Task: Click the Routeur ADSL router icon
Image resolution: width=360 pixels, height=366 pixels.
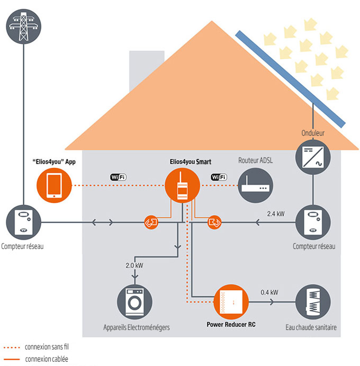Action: coord(256,186)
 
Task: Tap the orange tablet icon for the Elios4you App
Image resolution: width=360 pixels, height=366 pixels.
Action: coord(54,186)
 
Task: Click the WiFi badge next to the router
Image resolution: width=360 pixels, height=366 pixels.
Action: coord(219,177)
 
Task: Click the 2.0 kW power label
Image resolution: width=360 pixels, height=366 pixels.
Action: coord(134,265)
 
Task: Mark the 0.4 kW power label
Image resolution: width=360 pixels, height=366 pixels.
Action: coord(269,292)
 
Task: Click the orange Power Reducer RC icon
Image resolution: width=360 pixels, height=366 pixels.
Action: coord(230,302)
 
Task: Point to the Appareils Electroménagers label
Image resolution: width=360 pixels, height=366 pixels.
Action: coord(137,328)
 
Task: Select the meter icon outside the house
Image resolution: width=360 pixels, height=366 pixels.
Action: coord(24,222)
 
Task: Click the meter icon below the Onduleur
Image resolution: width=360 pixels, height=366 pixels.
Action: coord(313,222)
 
